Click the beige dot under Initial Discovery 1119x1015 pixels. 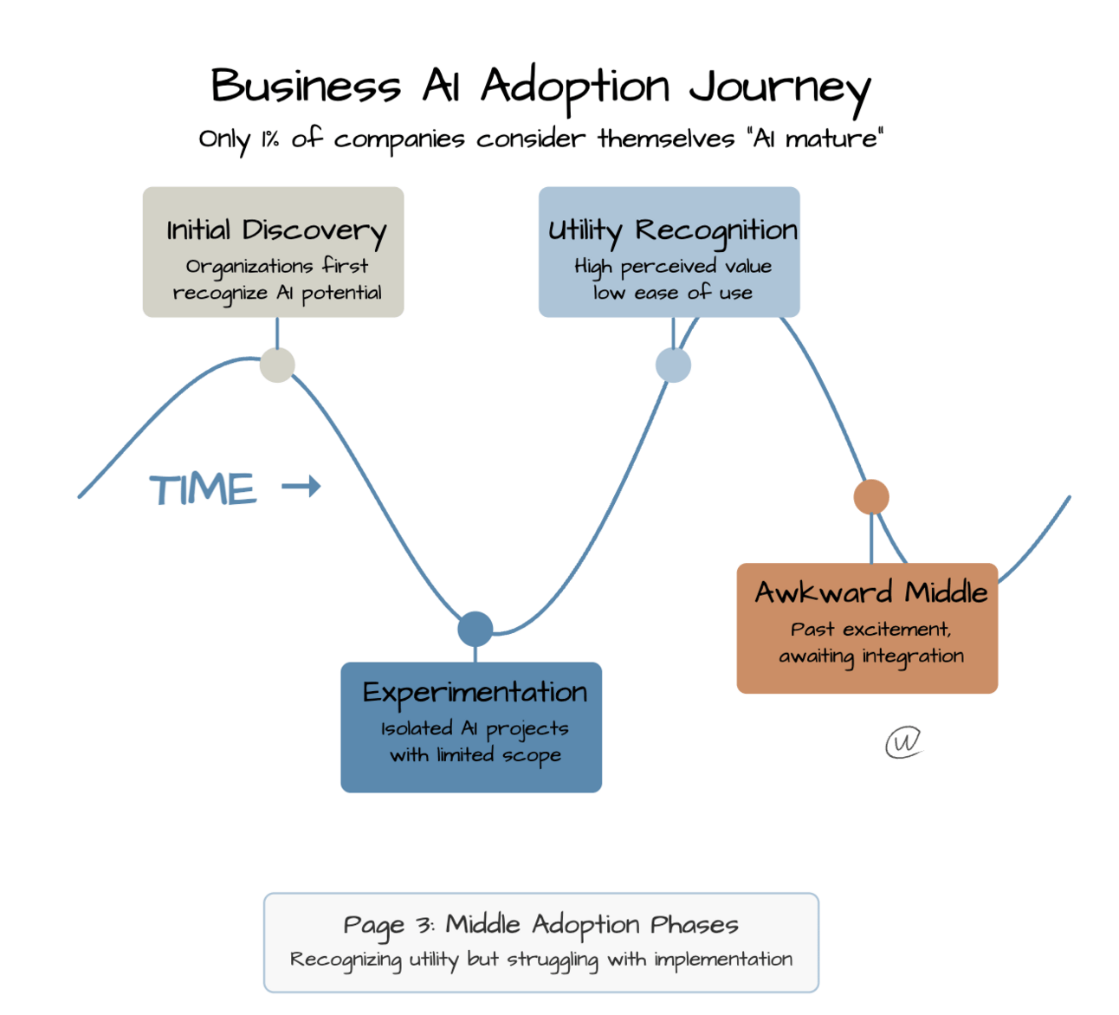pos(277,365)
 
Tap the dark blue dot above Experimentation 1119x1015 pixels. pos(475,629)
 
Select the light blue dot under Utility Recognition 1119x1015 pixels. pos(673,365)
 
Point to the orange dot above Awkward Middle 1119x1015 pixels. pos(871,497)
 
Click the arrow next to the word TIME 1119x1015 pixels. pos(301,487)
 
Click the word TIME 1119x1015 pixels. pos(204,489)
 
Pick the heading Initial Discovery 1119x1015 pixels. pos(275,230)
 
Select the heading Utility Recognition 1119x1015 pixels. pos(672,230)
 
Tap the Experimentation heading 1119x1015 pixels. pos(475,693)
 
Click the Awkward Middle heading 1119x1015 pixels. pos(870,592)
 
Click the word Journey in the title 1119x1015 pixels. pos(779,88)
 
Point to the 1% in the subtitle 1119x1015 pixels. pos(270,139)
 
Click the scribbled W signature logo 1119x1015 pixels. pos(903,742)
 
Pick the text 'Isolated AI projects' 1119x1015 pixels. pos(475,729)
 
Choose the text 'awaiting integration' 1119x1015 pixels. pos(870,656)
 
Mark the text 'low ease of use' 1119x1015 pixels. pos(672,293)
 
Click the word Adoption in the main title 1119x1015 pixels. pos(575,87)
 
